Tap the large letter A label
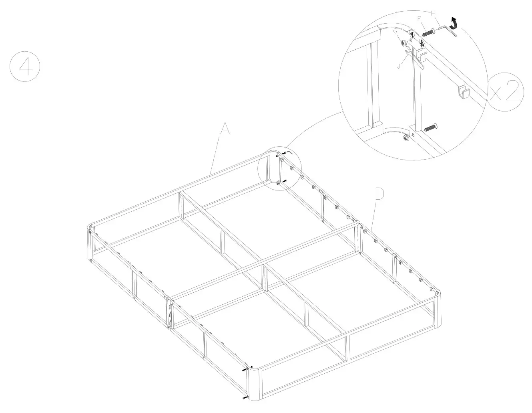[225, 129]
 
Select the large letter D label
[379, 194]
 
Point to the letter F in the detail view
[419, 18]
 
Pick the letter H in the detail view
[433, 13]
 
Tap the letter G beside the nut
[395, 31]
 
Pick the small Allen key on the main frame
[288, 153]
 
